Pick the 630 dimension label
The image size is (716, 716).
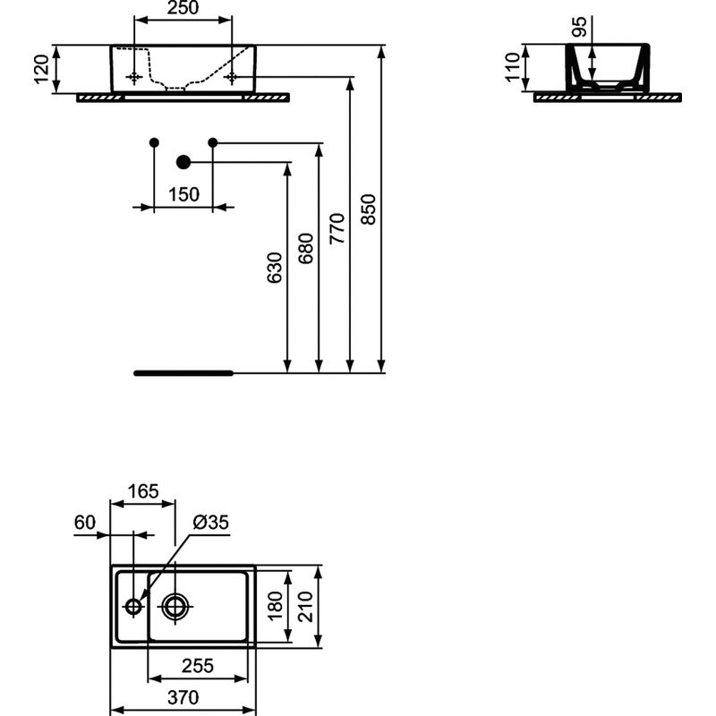[x=276, y=268]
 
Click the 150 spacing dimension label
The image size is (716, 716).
[x=183, y=194]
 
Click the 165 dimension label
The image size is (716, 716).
[x=142, y=490]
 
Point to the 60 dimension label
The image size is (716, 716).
[x=86, y=522]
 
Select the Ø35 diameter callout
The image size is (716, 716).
[x=211, y=522]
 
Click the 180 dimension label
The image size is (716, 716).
[x=275, y=606]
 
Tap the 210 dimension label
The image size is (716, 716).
[x=306, y=606]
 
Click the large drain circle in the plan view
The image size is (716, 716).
[x=175, y=607]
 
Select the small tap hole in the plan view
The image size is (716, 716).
[x=133, y=607]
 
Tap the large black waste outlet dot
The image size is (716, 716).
[x=183, y=162]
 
